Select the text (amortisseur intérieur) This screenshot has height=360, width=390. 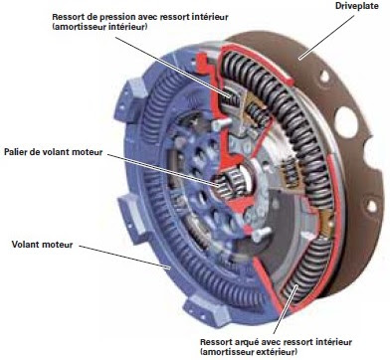[99, 27]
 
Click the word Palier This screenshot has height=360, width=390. [16, 152]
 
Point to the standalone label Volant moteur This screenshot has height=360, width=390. [42, 245]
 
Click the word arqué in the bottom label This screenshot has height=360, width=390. [245, 342]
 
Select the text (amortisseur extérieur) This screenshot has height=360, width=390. [249, 352]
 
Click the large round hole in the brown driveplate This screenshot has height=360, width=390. [346, 122]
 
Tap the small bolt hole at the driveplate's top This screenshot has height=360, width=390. [324, 77]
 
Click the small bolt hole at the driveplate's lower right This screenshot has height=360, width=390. [371, 206]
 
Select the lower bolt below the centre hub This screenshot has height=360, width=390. [261, 235]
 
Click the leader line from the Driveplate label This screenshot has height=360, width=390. [326, 37]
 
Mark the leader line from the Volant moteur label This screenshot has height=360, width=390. [125, 257]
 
